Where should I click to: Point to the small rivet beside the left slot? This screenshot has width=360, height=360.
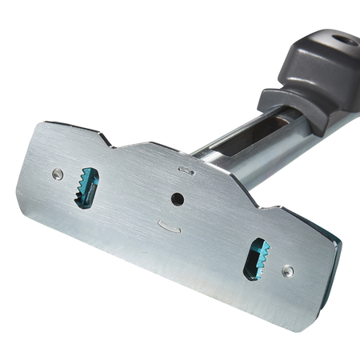[x=58, y=171]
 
